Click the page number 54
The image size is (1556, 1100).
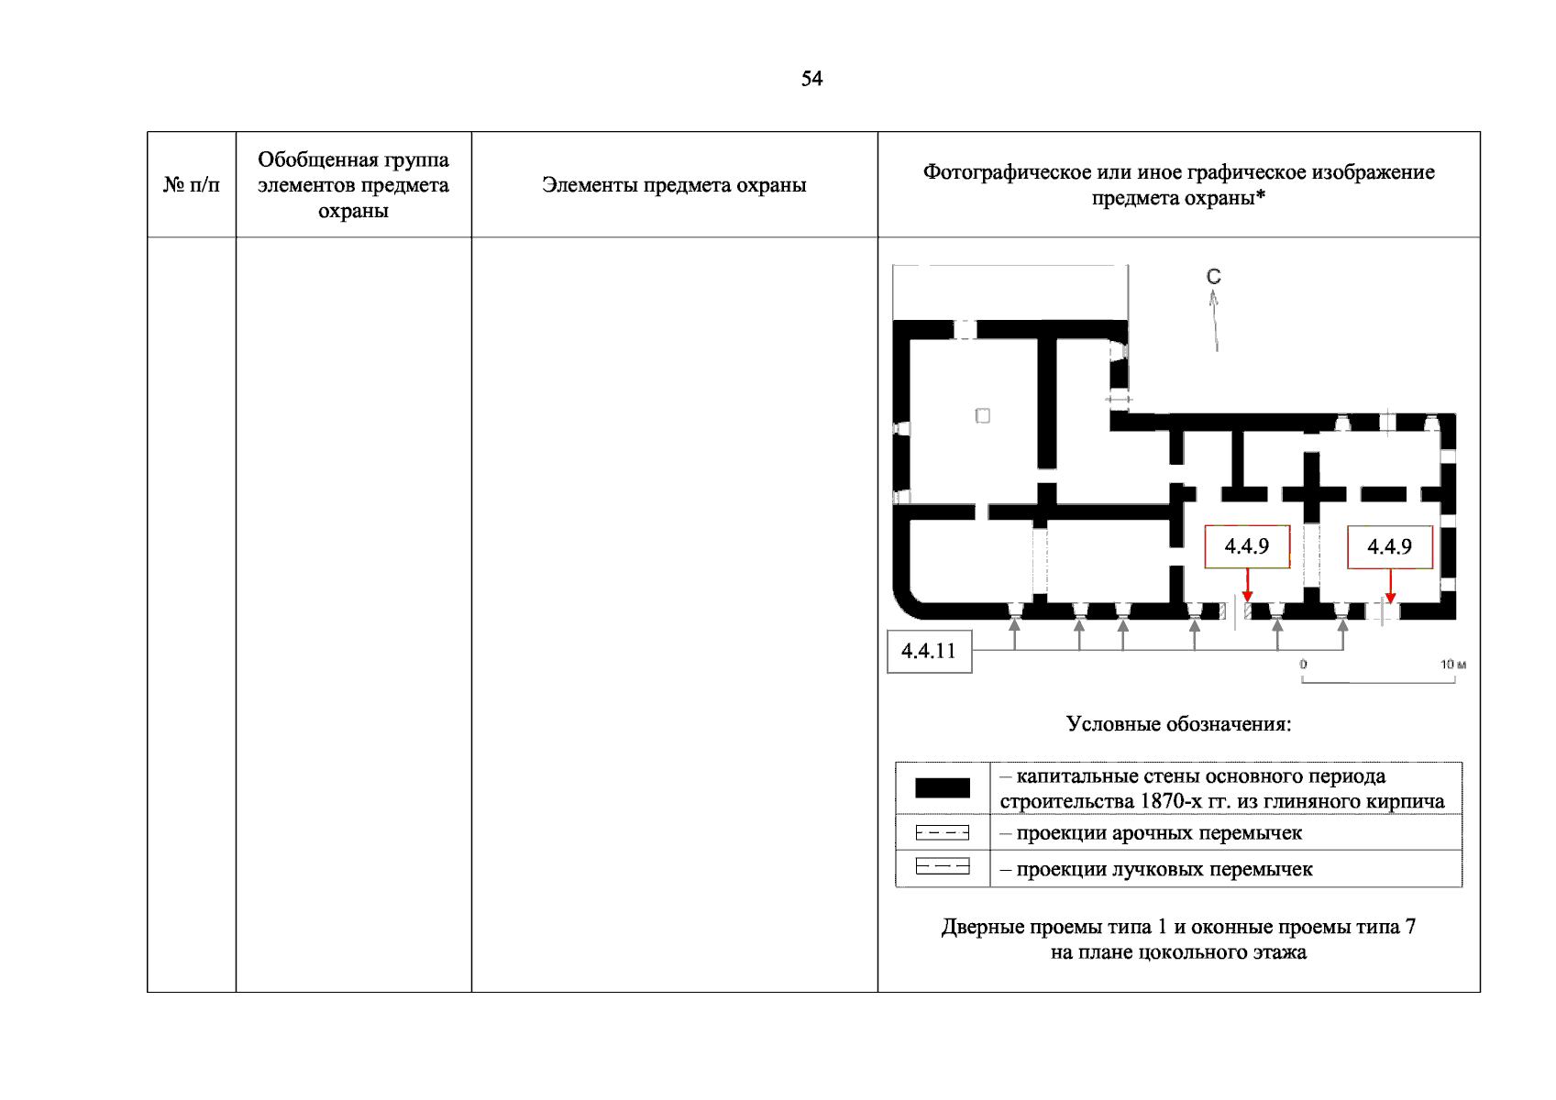coord(811,79)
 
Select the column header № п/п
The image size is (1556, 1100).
coord(192,184)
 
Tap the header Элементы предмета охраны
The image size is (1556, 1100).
coord(674,184)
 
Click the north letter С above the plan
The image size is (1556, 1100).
coord(1213,276)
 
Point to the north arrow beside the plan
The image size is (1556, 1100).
coord(1215,321)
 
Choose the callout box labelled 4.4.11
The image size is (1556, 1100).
coord(929,651)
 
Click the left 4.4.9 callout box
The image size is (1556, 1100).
coord(1247,546)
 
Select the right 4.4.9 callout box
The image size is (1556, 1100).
coord(1389,546)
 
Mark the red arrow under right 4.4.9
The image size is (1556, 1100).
coord(1390,586)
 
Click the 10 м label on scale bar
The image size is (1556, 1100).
coord(1452,665)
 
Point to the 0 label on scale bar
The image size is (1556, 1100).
coord(1303,665)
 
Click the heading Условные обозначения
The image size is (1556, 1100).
coord(1178,724)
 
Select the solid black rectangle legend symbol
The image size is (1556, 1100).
coord(942,787)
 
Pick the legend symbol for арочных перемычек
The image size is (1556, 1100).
coord(942,832)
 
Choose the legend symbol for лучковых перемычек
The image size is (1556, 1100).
coord(942,866)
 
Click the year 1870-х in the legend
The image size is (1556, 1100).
coord(1171,801)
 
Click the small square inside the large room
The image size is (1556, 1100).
coord(982,416)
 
